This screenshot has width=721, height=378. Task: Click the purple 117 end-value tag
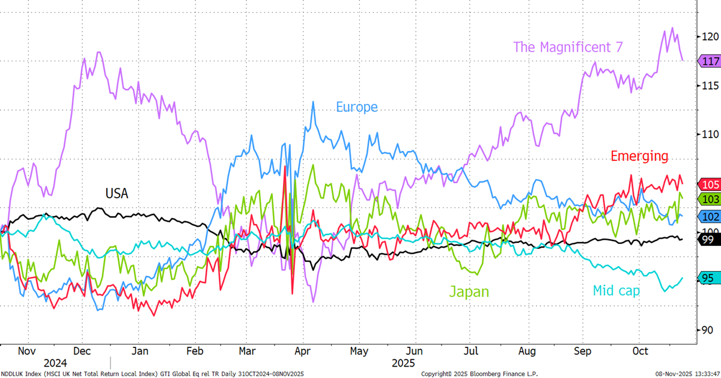(x=710, y=61)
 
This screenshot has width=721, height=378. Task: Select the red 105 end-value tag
(x=710, y=184)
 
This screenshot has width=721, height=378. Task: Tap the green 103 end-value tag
(x=710, y=199)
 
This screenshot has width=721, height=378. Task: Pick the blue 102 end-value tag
(x=710, y=215)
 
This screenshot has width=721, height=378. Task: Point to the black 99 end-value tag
(x=709, y=239)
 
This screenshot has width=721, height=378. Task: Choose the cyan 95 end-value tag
(x=709, y=278)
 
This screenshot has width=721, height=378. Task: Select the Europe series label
(x=357, y=107)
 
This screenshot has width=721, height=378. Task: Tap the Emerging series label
(x=639, y=156)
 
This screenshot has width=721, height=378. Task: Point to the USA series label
(x=117, y=194)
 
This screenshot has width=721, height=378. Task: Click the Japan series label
(x=469, y=292)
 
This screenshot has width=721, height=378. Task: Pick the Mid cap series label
(x=616, y=291)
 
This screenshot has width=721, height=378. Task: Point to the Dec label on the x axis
(x=82, y=351)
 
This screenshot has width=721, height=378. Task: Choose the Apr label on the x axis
(x=302, y=351)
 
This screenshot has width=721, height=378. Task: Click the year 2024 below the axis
(x=55, y=364)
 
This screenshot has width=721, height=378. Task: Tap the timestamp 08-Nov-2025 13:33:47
(x=687, y=374)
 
